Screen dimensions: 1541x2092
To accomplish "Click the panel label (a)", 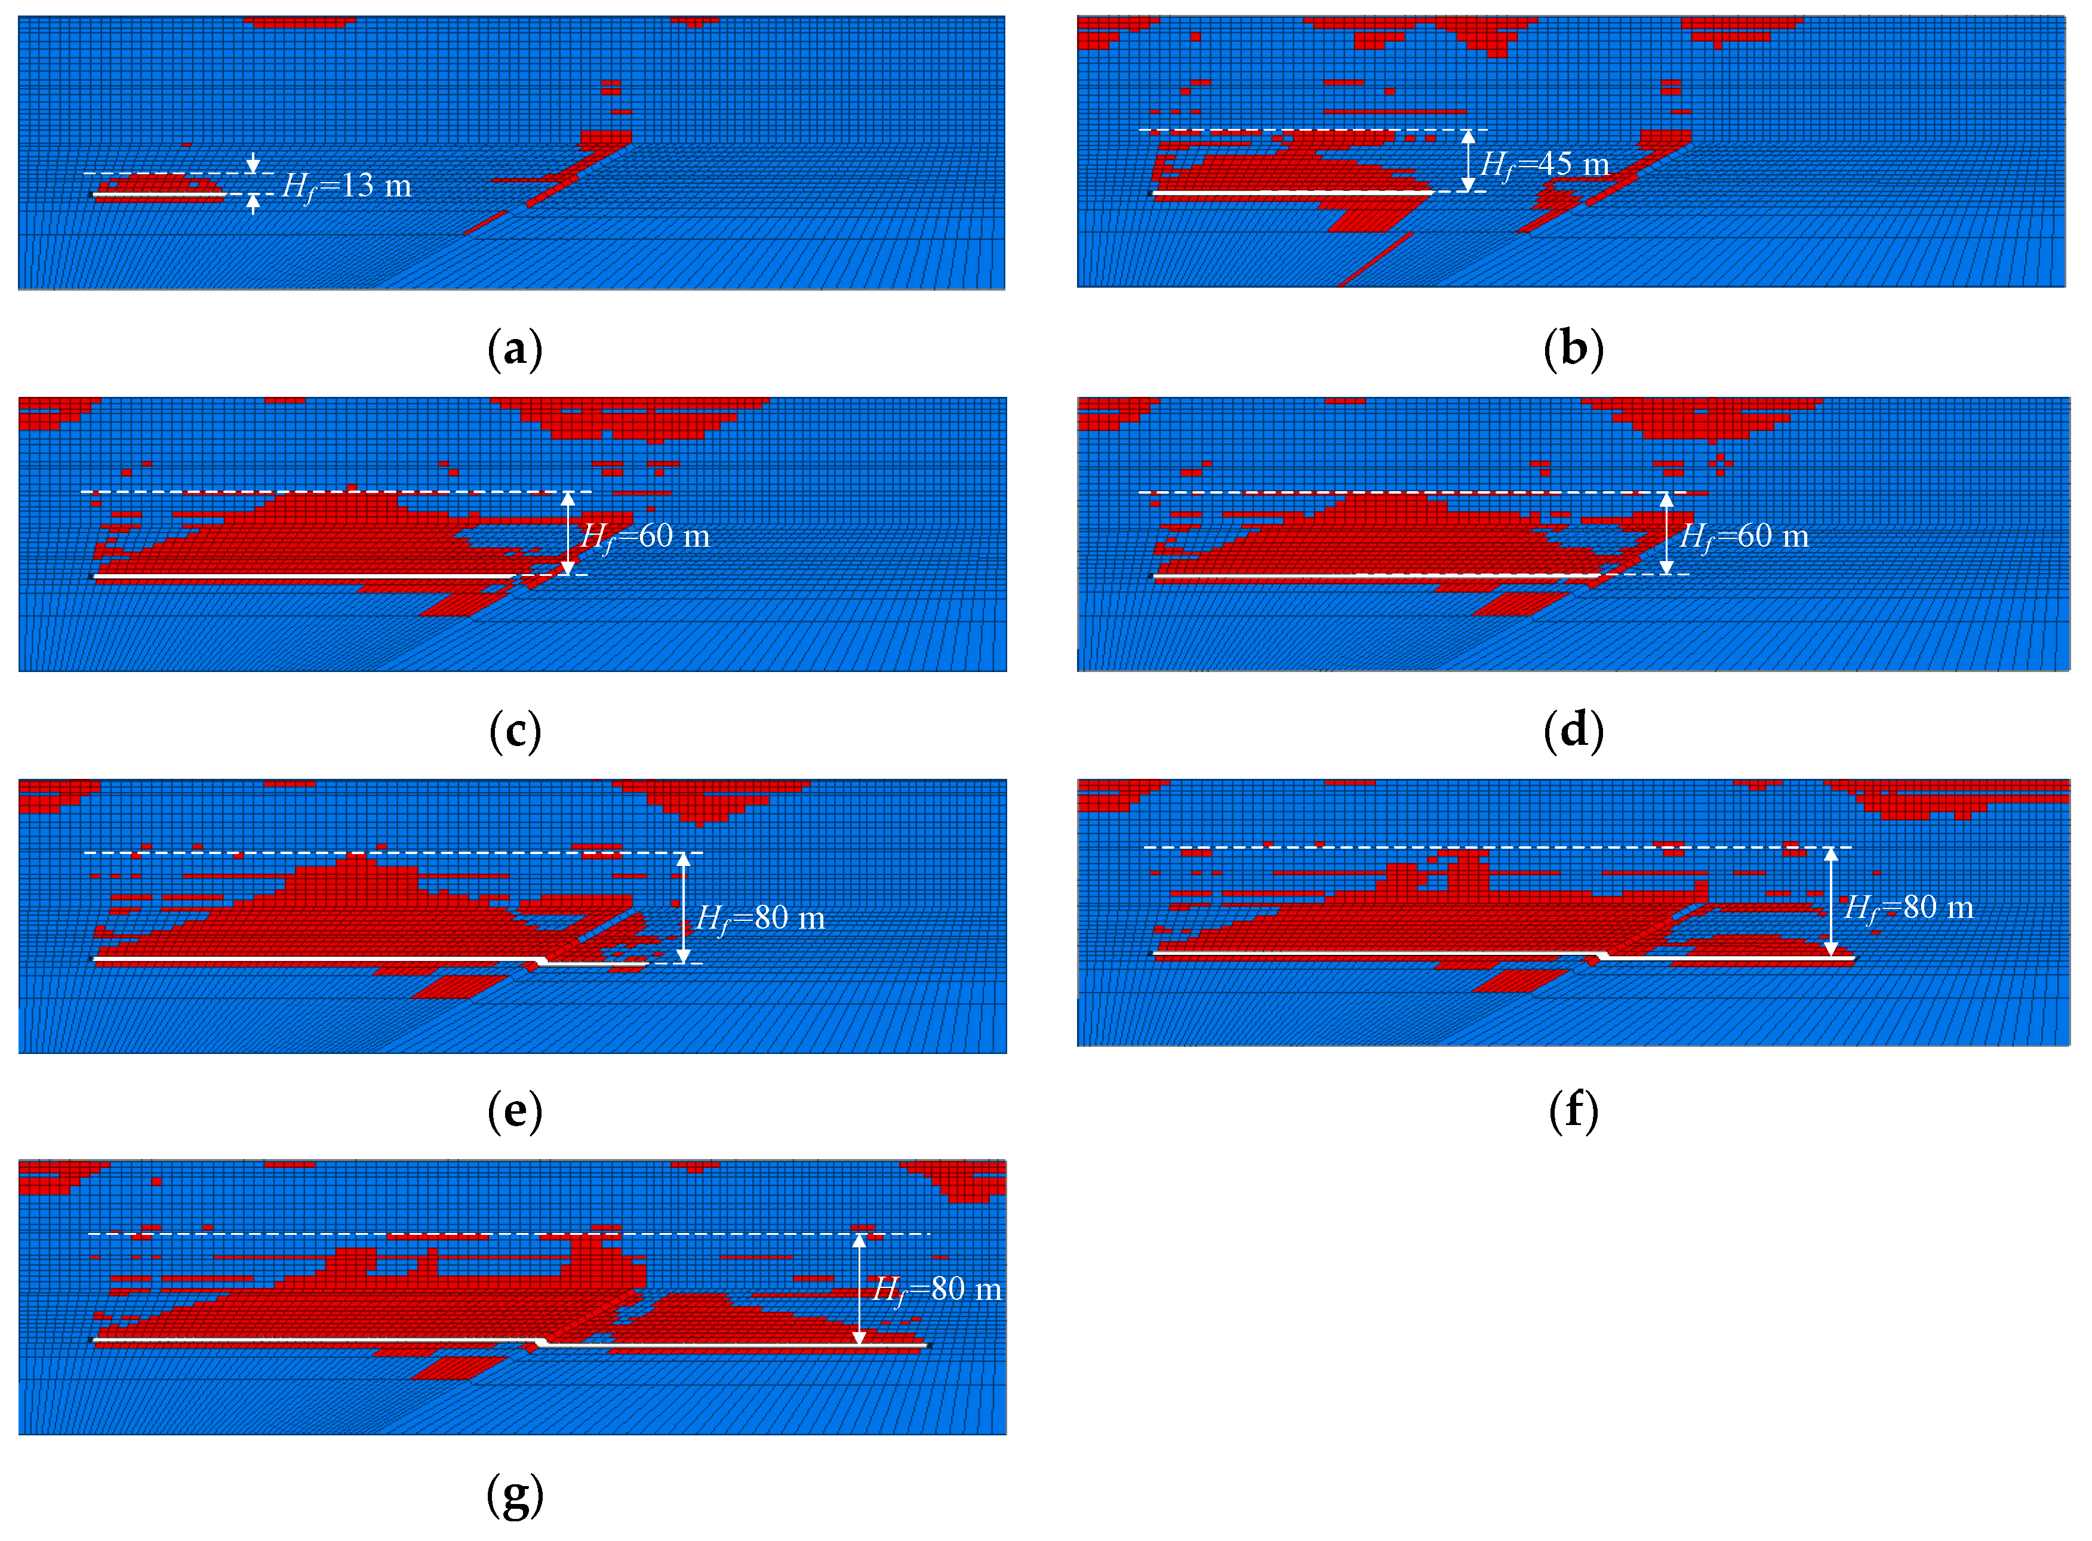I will coord(514,351).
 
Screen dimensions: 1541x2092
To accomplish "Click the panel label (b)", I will coord(1573,351).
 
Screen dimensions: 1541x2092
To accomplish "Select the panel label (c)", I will coord(514,732).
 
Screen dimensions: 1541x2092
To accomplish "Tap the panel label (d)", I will coord(1573,732).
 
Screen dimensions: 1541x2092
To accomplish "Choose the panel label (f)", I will coord(1573,1112).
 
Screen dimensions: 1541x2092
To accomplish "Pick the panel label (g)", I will coord(514,1494).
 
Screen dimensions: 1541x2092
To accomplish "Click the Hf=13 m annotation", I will coord(346,187).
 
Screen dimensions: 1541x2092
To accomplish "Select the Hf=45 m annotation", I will coord(1545,165).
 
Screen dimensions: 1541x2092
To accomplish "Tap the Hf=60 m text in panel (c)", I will coord(645,537).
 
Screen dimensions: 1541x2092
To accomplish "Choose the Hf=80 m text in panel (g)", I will coord(936,1290).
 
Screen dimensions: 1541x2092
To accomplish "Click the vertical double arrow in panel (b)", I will coord(1468,161).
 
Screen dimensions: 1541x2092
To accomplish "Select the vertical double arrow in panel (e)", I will coord(683,908).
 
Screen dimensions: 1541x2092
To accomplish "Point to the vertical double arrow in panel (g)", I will coord(859,1289).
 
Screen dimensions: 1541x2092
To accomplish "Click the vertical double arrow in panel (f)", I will coord(1830,901).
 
